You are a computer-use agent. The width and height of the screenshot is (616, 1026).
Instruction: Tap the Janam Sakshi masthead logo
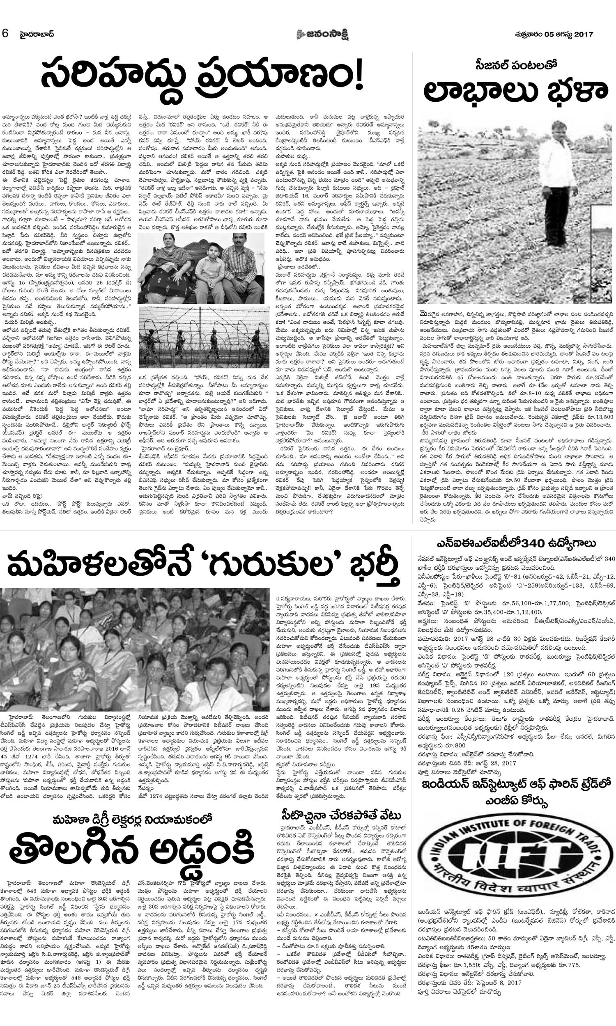coord(322,34)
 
